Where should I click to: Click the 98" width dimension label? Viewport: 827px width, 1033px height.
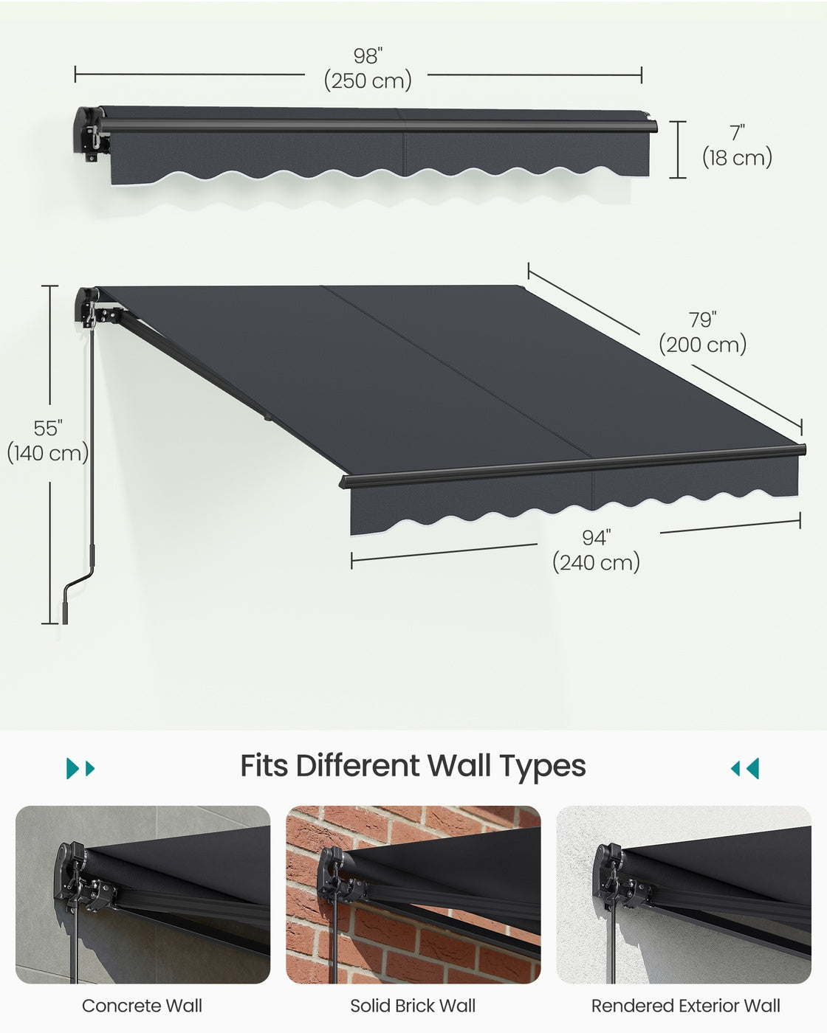coord(368,56)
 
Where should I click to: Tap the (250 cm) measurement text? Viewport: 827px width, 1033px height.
coord(368,80)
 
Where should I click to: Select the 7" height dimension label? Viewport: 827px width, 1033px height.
coord(738,133)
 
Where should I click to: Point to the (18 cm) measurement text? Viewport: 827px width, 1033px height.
coord(737,157)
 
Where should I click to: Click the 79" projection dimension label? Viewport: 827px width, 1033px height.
coord(702,319)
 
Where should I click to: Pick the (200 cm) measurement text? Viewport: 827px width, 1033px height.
coord(702,344)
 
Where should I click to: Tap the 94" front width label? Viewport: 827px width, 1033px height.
coord(597,538)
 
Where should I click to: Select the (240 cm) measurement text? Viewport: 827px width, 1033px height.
coord(597,562)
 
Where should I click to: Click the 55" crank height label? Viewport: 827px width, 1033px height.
coord(48,428)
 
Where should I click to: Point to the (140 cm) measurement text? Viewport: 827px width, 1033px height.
coord(48,452)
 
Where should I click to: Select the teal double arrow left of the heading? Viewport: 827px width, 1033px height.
coord(80,769)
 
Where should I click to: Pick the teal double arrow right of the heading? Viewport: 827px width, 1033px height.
coord(745,769)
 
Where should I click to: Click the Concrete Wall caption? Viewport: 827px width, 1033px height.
coord(143,1006)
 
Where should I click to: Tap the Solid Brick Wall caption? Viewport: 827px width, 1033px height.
coord(413,1006)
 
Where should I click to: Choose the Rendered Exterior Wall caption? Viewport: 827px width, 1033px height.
coord(686,1006)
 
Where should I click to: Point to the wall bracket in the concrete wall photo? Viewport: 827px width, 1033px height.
coord(84,876)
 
